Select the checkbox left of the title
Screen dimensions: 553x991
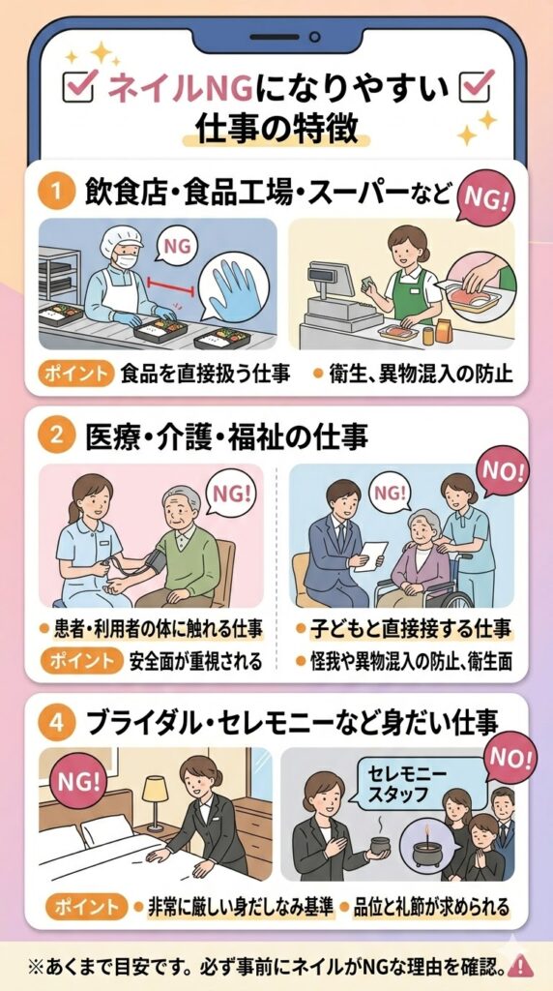pyautogui.click(x=79, y=86)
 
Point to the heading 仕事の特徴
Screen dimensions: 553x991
pyautogui.click(x=276, y=129)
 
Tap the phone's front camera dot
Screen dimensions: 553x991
pyautogui.click(x=314, y=38)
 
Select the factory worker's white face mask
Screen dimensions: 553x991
pyautogui.click(x=126, y=259)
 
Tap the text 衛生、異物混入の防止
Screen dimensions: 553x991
pyautogui.click(x=420, y=375)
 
